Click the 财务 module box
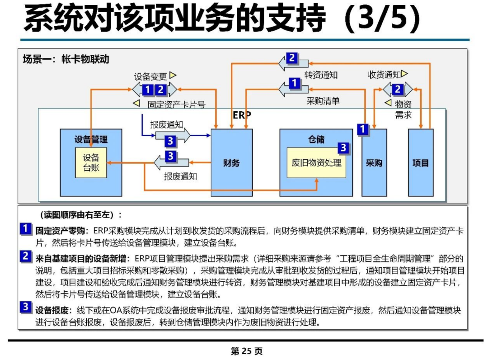231,162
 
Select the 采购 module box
374,162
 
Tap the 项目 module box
421,162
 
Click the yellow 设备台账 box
91,162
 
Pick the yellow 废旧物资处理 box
316,162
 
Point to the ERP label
242,115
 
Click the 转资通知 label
321,75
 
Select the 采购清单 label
323,101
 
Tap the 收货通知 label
384,75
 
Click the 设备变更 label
150,76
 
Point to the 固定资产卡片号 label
177,104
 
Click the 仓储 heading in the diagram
316,139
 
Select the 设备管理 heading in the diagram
91,139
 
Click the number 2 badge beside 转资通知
291,58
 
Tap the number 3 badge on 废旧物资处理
343,147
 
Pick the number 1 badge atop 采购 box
362,129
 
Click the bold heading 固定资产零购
60,231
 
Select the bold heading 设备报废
52,310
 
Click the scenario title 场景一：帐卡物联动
66,59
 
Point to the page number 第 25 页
247,351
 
